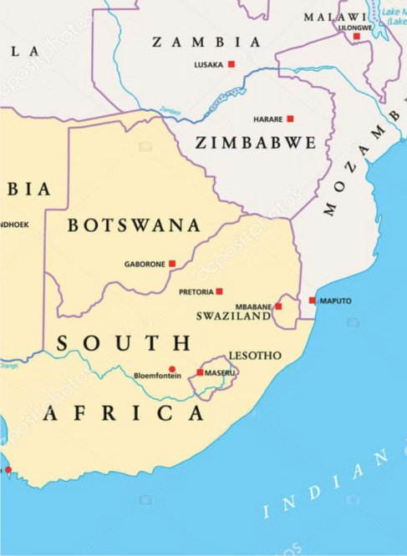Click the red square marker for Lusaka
[x=231, y=64]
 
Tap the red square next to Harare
[x=290, y=119]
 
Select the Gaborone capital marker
[x=172, y=264]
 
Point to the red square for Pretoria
[x=219, y=291]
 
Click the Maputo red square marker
[x=312, y=301]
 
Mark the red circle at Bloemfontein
[x=172, y=369]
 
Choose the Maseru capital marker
[x=200, y=372]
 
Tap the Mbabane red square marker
[x=278, y=306]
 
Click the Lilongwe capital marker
[x=356, y=36]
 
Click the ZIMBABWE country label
[x=256, y=144]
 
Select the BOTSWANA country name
[x=134, y=225]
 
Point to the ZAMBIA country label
[x=206, y=42]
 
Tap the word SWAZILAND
[x=233, y=316]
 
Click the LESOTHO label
[x=255, y=356]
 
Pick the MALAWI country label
[x=334, y=17]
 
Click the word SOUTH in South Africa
[x=124, y=343]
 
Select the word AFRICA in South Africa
[x=124, y=413]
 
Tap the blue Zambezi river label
[x=170, y=110]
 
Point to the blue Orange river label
[x=8, y=366]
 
